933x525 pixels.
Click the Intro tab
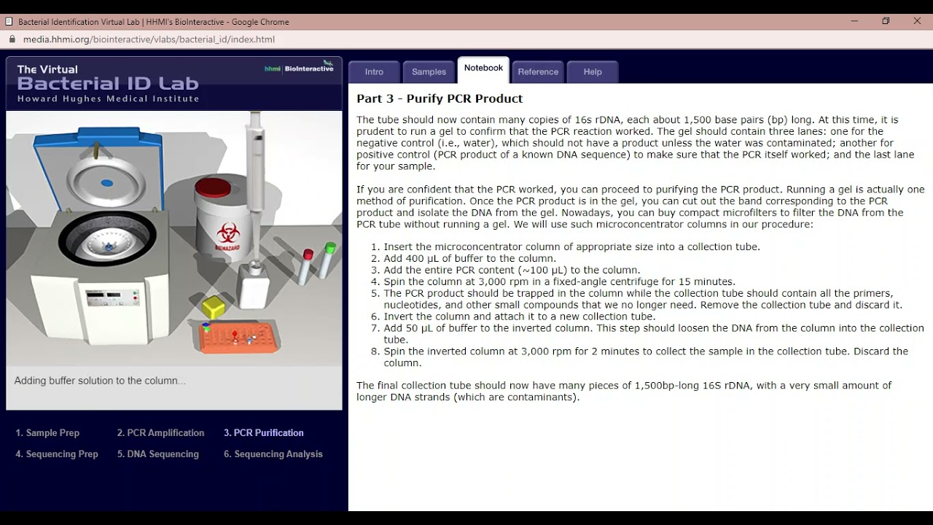[x=374, y=71]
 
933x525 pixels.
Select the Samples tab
[x=429, y=71]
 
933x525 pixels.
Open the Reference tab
[x=538, y=71]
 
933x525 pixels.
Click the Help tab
[x=593, y=71]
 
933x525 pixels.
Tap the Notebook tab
[x=483, y=68]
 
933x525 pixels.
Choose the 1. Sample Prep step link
[x=47, y=432]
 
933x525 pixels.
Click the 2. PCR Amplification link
[x=160, y=432]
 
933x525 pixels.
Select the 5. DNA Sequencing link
[x=157, y=454]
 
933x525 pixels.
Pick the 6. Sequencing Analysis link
[x=273, y=454]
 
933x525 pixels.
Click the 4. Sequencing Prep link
[x=57, y=454]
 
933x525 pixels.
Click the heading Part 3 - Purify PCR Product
[x=439, y=98]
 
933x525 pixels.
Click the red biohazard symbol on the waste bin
[x=228, y=234]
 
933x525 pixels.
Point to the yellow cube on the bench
[x=214, y=306]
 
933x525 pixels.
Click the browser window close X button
[x=917, y=21]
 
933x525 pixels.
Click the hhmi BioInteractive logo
[x=299, y=69]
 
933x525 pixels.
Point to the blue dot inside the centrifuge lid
[x=107, y=183]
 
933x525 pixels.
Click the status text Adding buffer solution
[x=100, y=381]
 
